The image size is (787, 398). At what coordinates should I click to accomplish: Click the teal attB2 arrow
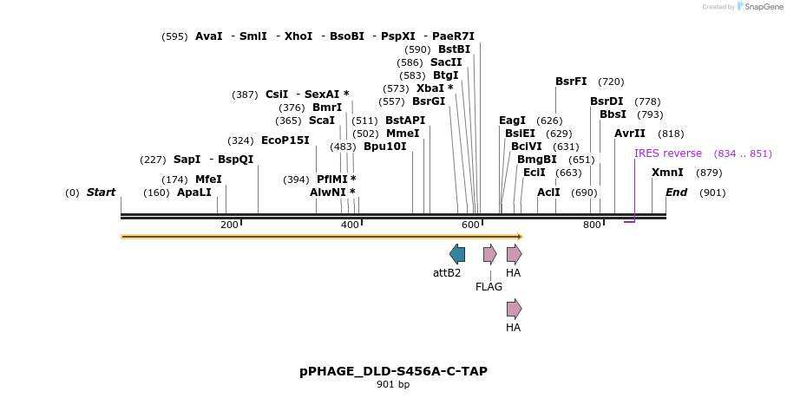tap(456, 254)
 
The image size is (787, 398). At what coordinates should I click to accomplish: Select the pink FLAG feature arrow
tap(489, 254)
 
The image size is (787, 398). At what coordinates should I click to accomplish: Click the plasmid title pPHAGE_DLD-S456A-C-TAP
tap(393, 371)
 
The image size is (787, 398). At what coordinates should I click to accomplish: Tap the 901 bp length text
tap(393, 384)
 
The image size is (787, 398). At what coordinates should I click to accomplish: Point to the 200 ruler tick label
tap(229, 225)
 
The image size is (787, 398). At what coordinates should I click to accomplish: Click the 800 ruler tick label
tap(592, 225)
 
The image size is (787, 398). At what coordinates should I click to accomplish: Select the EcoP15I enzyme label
tap(285, 140)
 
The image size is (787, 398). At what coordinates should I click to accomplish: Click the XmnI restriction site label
tap(667, 173)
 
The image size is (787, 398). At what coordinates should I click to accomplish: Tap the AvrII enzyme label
tap(630, 134)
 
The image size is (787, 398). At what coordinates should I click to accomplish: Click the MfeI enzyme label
tap(208, 179)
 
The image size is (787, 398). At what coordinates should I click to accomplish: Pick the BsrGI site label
tap(429, 101)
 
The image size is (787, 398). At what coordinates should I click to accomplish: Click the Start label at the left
tap(101, 192)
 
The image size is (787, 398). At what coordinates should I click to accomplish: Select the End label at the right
tap(676, 192)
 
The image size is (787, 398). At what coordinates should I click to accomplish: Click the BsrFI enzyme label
tap(571, 82)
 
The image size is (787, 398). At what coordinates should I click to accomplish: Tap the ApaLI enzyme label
tap(194, 192)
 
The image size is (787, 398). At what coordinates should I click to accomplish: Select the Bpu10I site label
tap(385, 147)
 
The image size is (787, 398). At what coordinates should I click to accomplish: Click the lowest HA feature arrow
tap(514, 309)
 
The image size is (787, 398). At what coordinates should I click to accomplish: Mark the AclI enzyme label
tap(548, 192)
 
